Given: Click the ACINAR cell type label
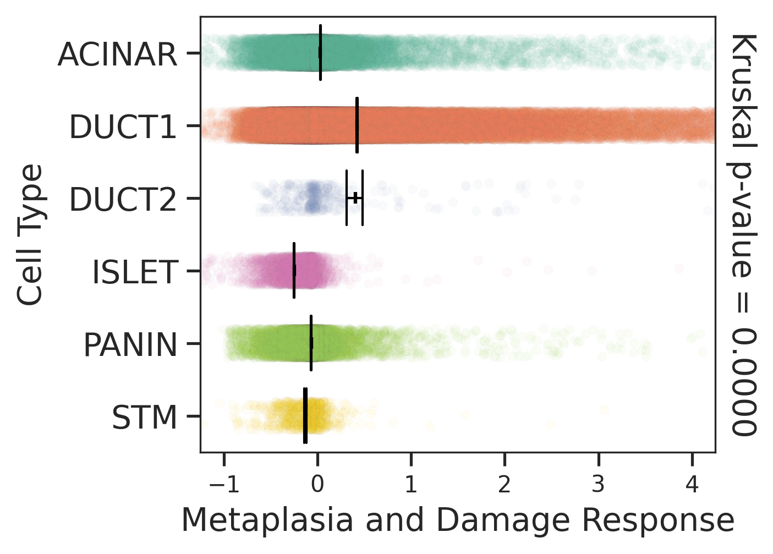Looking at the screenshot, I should click(x=117, y=54).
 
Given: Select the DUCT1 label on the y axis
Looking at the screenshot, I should click(x=123, y=127).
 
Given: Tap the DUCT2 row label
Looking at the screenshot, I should click(x=123, y=200).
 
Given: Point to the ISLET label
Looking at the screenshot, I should click(x=135, y=272).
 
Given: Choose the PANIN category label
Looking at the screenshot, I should click(x=130, y=345).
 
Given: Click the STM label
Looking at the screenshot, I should click(x=145, y=418).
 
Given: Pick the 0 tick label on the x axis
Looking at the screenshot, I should click(x=317, y=485).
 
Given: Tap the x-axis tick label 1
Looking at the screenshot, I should click(x=411, y=485).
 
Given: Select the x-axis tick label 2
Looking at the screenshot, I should click(x=505, y=485).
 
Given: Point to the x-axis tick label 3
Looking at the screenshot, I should click(x=598, y=485).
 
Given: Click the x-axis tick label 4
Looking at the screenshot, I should click(x=692, y=485).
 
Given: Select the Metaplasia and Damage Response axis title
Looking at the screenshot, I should click(x=457, y=520).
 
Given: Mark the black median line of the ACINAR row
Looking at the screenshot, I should click(x=320, y=53).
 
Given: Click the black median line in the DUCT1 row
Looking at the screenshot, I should click(x=357, y=125).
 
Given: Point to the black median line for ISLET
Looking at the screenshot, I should click(x=294, y=271).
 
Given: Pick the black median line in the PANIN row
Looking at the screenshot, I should click(x=311, y=343).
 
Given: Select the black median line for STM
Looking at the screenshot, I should click(x=305, y=416).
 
